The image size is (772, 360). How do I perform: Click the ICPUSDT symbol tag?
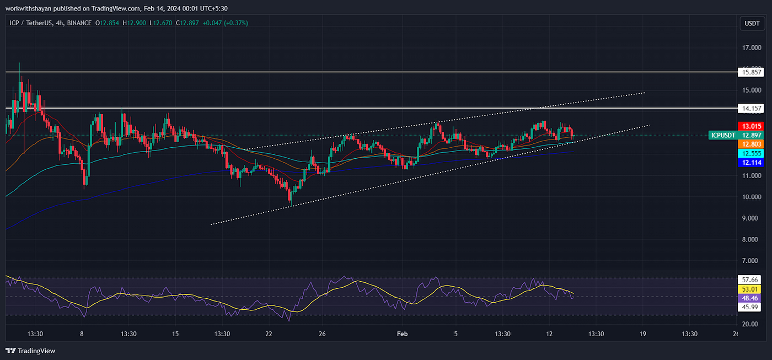(x=723, y=135)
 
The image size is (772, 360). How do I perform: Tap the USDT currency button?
(x=751, y=23)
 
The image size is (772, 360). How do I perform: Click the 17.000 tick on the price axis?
(x=752, y=48)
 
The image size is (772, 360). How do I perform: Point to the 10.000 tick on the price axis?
(x=752, y=197)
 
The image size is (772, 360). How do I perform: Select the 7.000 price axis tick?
(x=752, y=260)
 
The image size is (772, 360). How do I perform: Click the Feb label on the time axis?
(x=403, y=334)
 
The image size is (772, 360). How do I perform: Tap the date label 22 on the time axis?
(x=269, y=334)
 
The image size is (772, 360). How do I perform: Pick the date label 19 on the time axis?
(x=643, y=334)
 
